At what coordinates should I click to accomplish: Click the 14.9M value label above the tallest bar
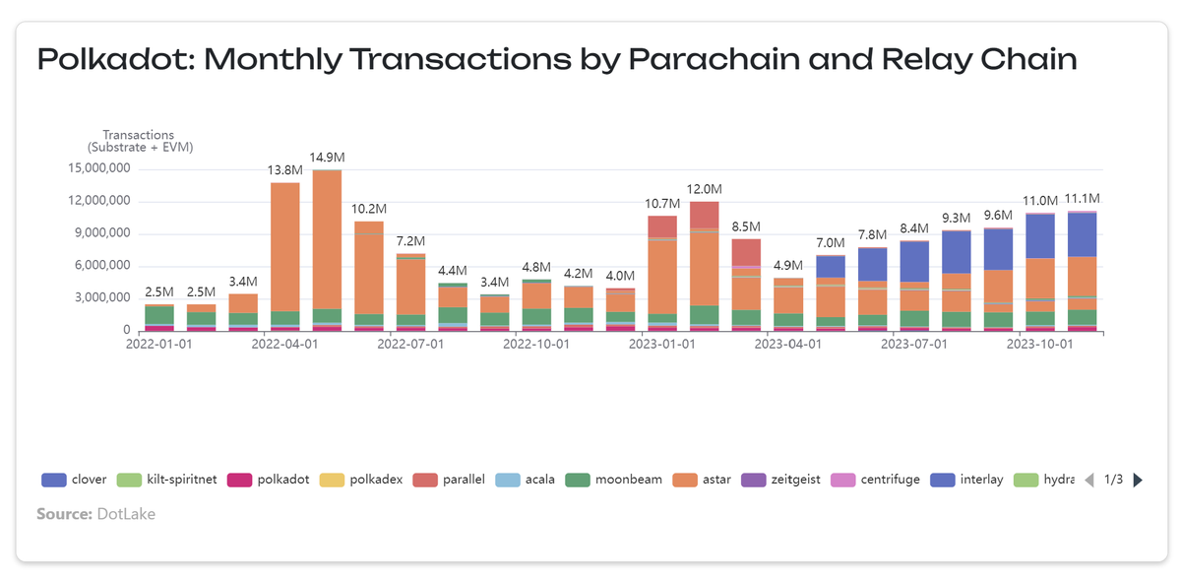pyautogui.click(x=327, y=158)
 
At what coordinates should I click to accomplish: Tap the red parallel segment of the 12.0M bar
pyautogui.click(x=704, y=215)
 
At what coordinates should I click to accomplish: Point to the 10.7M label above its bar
pyautogui.click(x=661, y=204)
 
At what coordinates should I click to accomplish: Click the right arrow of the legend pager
pyautogui.click(x=1139, y=481)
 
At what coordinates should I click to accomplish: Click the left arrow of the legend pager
pyautogui.click(x=1088, y=481)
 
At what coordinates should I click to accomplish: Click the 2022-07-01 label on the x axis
pyautogui.click(x=410, y=345)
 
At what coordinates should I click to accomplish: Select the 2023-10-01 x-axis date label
pyautogui.click(x=1039, y=345)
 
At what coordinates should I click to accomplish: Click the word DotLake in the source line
pyautogui.click(x=125, y=514)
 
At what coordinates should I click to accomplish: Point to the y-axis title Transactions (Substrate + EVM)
pyautogui.click(x=138, y=141)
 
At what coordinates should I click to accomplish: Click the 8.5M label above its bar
pyautogui.click(x=746, y=226)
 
